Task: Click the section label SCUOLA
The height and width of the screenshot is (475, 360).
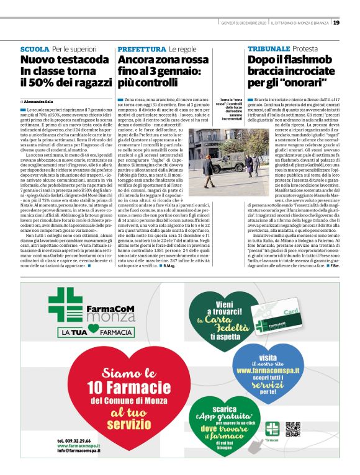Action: coord(34,48)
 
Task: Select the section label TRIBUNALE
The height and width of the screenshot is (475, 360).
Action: coord(269,48)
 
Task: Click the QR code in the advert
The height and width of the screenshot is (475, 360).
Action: coord(293,428)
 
